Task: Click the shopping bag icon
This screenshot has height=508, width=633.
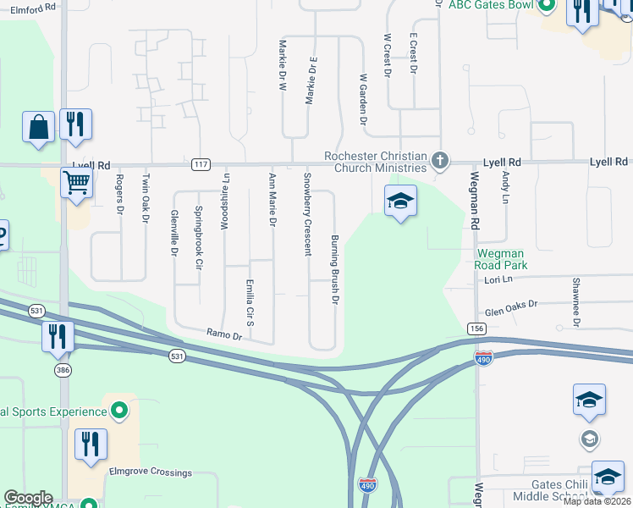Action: [39, 128]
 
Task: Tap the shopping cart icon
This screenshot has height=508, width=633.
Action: [76, 182]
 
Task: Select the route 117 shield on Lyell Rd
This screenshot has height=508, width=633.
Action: [201, 163]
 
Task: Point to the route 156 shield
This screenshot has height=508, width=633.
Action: [476, 329]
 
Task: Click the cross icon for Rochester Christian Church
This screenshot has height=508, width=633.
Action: [439, 160]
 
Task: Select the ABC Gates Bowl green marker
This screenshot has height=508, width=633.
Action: [547, 6]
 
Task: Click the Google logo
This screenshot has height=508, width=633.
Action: [28, 498]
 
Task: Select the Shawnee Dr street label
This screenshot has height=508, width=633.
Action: [575, 301]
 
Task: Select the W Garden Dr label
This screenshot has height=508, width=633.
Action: [363, 99]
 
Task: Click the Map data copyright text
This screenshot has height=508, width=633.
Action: [597, 501]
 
